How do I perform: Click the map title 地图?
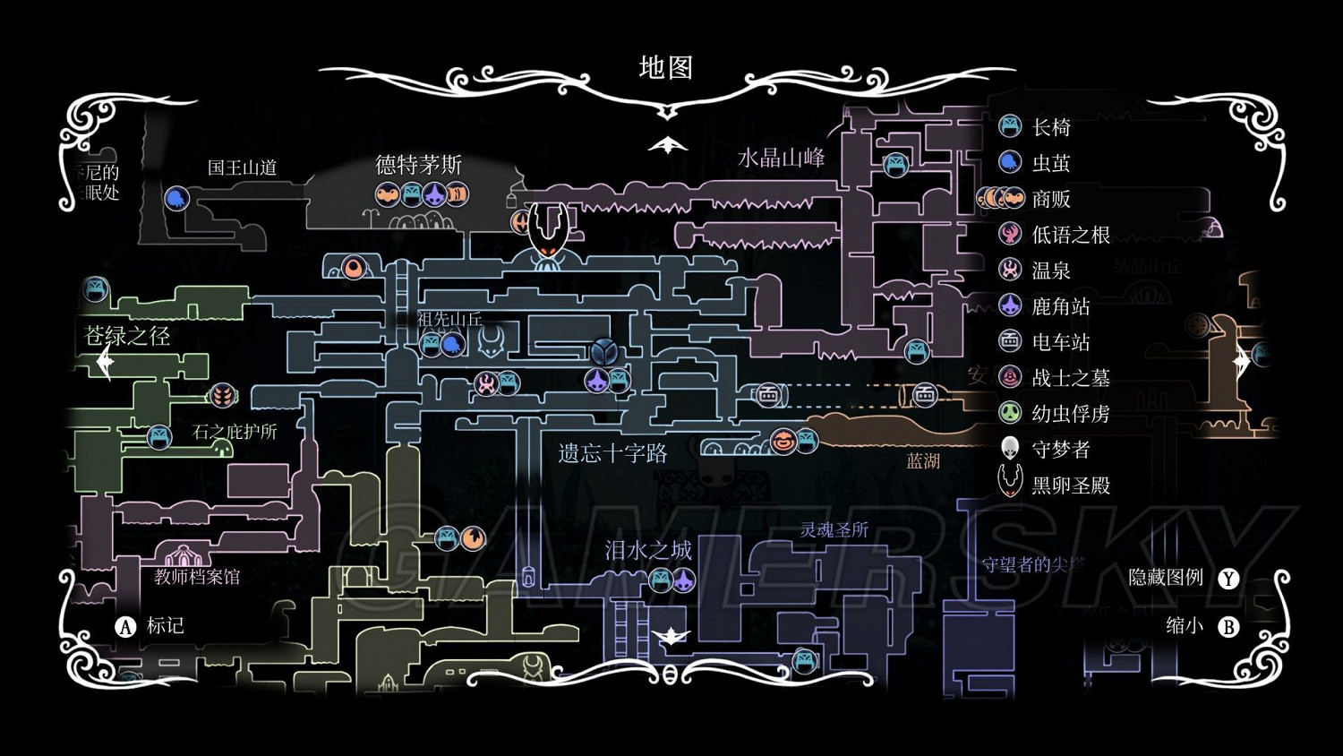click(x=665, y=68)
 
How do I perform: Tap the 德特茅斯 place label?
click(x=418, y=165)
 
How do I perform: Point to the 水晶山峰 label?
click(x=781, y=159)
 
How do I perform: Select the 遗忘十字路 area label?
click(x=612, y=453)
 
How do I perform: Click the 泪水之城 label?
click(x=648, y=550)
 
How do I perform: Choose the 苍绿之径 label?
click(x=127, y=336)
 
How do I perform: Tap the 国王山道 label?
click(x=242, y=168)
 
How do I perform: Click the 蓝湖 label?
click(x=923, y=461)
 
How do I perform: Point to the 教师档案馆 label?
click(x=197, y=577)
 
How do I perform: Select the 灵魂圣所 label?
click(x=834, y=530)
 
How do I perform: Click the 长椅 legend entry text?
click(x=1051, y=127)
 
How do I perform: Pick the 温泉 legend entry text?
click(x=1051, y=271)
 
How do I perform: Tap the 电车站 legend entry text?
click(x=1061, y=342)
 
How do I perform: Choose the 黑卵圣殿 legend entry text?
click(x=1071, y=485)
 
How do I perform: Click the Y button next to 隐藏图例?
click(x=1228, y=579)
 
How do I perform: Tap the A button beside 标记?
click(x=125, y=626)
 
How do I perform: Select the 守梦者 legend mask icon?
click(x=1010, y=448)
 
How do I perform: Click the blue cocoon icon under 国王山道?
click(x=176, y=198)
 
